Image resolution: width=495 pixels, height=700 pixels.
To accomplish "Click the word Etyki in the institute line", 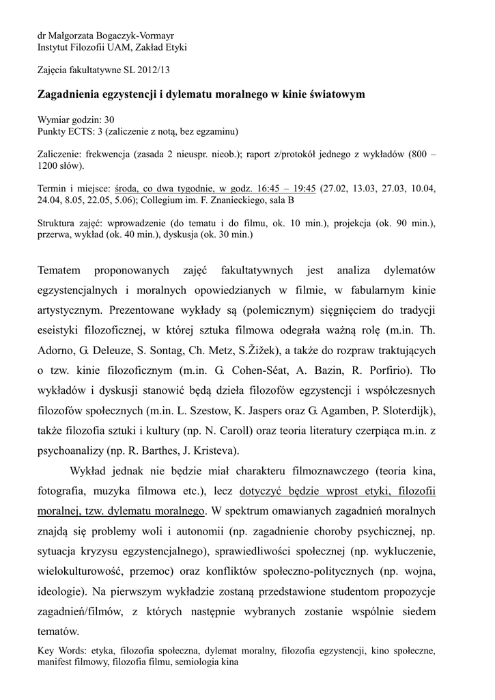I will [x=173, y=47].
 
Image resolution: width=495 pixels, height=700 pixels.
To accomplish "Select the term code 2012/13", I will [x=154, y=70].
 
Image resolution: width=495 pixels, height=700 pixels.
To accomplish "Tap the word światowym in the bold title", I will [x=332, y=93].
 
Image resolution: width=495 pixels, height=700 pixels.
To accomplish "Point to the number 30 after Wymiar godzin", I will [x=109, y=119].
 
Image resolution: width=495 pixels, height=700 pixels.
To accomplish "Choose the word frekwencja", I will [x=111, y=154].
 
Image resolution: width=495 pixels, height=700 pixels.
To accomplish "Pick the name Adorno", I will [x=57, y=351].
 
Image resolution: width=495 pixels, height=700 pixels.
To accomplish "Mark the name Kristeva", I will [x=215, y=450].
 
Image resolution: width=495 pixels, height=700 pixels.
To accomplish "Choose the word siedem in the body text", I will [x=416, y=610].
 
